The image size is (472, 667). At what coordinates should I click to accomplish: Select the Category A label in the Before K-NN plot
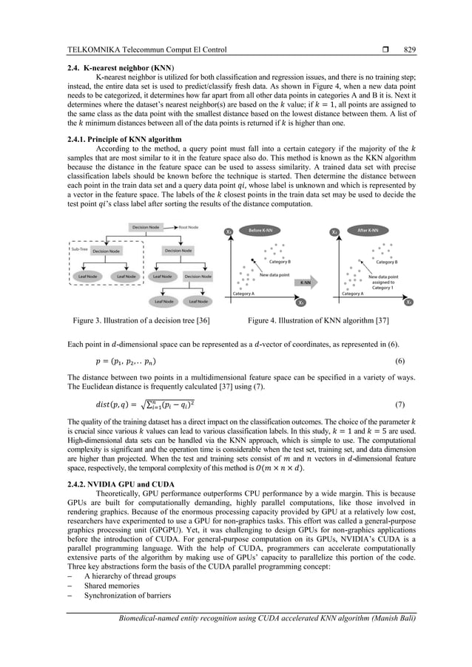pos(243,294)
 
